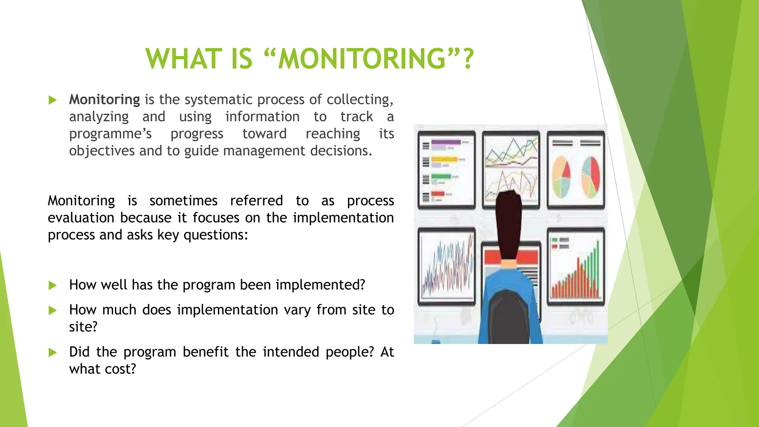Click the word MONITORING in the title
tap(361, 59)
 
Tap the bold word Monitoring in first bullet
tap(105, 99)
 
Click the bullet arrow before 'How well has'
tap(53, 285)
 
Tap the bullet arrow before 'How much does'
tap(53, 310)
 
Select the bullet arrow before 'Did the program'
tap(53, 352)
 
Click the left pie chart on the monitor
tap(561, 177)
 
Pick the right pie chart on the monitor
tap(591, 177)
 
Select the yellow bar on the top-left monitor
tap(444, 159)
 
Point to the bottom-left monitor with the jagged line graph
tap(447, 266)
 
